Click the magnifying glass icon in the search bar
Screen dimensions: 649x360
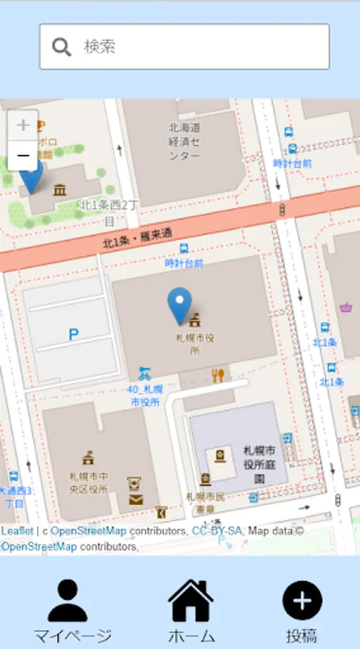pos(62,47)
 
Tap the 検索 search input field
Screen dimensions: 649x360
pos(195,47)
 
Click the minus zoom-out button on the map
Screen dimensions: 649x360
pos(23,155)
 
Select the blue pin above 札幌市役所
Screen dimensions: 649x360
pos(180,305)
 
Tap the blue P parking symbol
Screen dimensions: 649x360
pos(73,335)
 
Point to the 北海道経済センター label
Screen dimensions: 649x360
pos(185,141)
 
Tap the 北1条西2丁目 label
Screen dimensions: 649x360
pos(108,212)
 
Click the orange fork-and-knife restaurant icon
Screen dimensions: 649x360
pos(219,375)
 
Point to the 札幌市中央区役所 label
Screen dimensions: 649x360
pos(89,482)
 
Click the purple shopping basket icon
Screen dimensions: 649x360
pos(346,306)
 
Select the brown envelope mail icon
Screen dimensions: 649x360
pos(136,499)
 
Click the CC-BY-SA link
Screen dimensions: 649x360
pos(217,531)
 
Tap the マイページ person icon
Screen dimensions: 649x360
pos(68,600)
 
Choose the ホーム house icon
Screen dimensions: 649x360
pos(191,600)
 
